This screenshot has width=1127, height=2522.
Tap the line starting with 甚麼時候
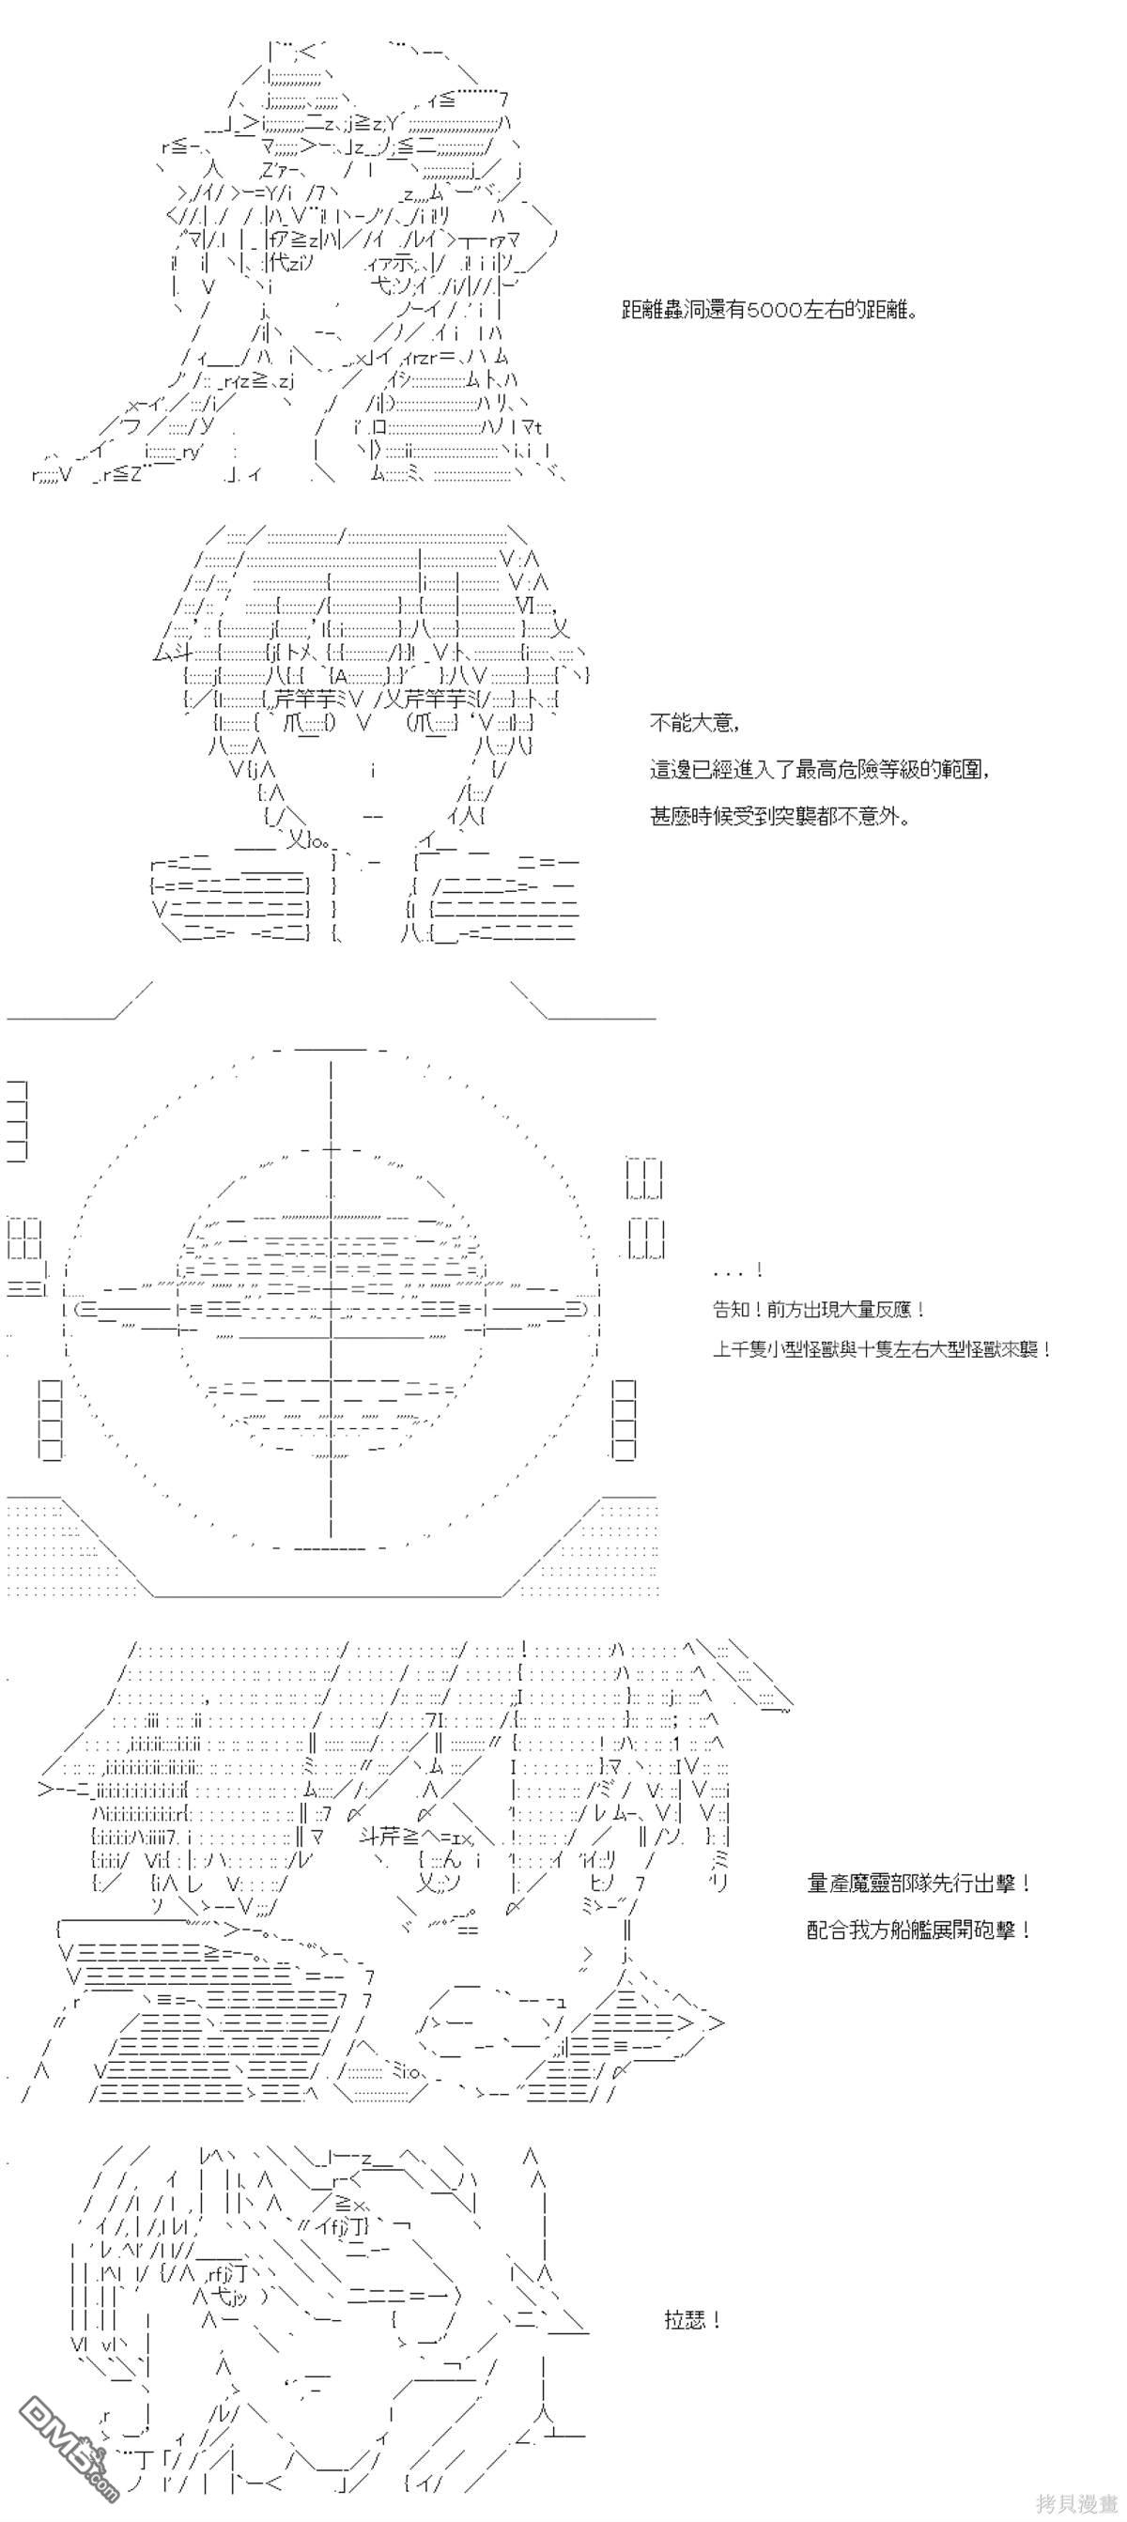tap(780, 816)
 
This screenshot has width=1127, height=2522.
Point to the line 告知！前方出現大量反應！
tap(819, 1309)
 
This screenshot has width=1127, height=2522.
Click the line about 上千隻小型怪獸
tap(882, 1349)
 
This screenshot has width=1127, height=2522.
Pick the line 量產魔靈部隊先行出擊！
tap(919, 1883)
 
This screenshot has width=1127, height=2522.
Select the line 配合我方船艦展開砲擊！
tap(919, 1930)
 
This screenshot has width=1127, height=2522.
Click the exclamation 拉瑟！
tap(693, 2320)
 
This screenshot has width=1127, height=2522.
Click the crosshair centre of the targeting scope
tap(331, 1308)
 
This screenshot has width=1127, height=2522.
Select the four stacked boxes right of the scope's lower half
tap(623, 1421)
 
